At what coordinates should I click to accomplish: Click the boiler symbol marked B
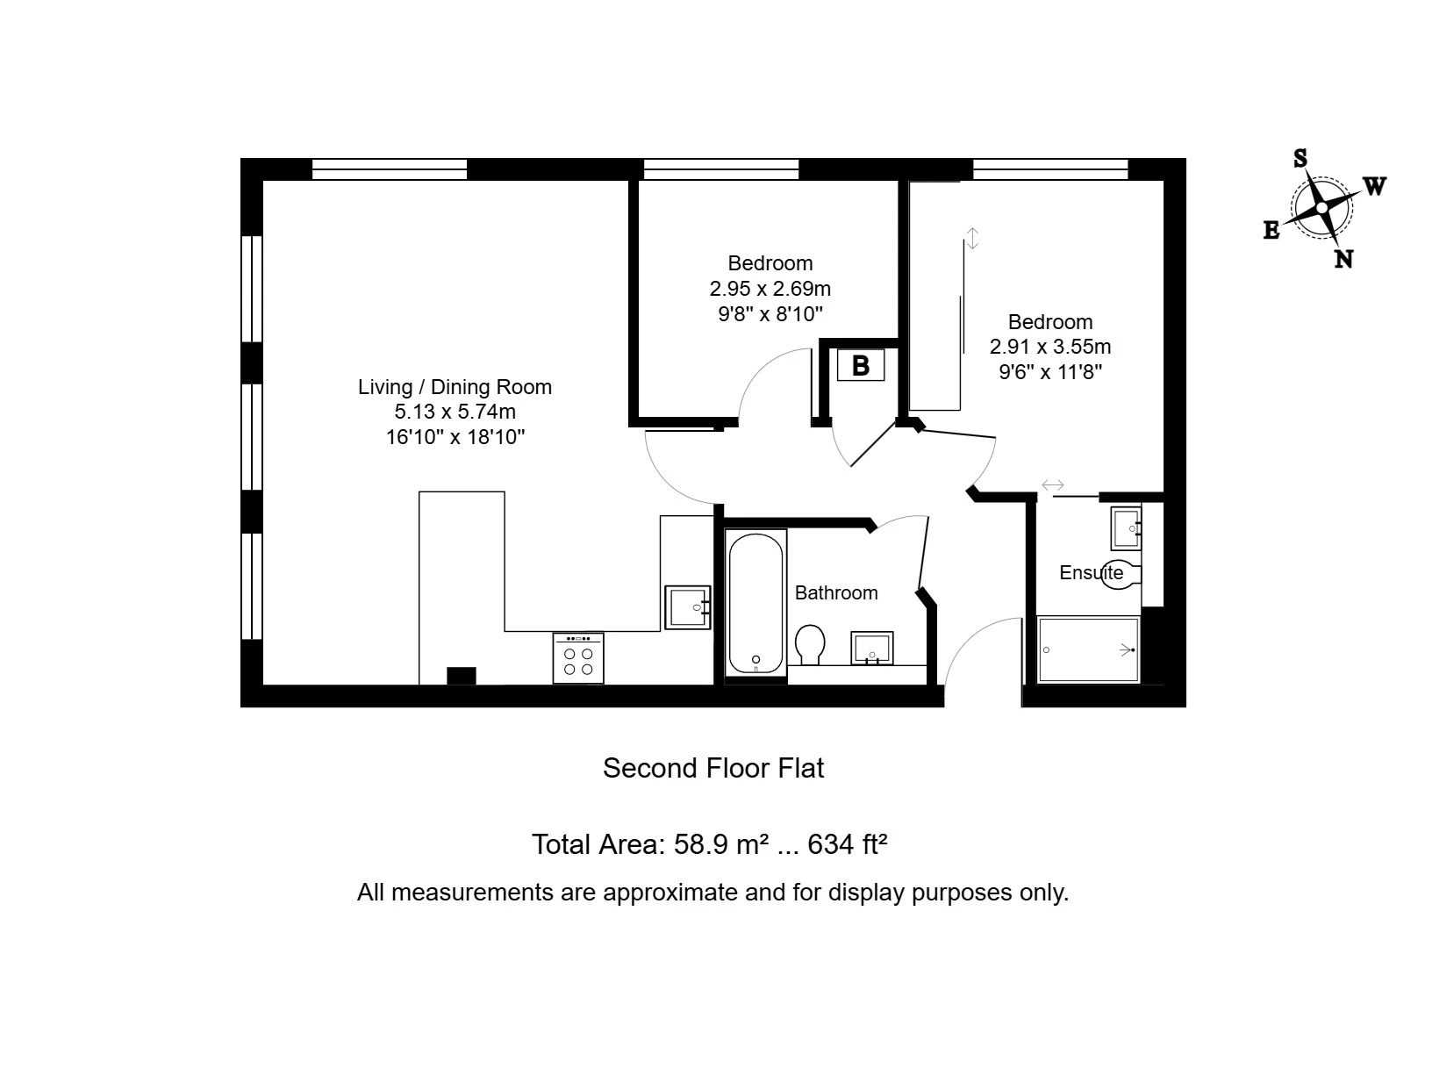pyautogui.click(x=860, y=365)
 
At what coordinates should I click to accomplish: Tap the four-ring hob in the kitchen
pyautogui.click(x=578, y=658)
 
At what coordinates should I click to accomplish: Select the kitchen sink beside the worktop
pyautogui.click(x=687, y=607)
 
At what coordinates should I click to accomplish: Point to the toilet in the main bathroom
pyautogui.click(x=810, y=644)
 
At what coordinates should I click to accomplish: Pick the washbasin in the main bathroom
pyautogui.click(x=872, y=649)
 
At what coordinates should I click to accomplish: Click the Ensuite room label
pyautogui.click(x=1091, y=573)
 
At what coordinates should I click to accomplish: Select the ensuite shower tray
pyautogui.click(x=1088, y=650)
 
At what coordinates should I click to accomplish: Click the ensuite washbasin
pyautogui.click(x=1126, y=528)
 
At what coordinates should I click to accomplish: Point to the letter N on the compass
pyautogui.click(x=1343, y=259)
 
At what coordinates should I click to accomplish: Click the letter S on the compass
pyautogui.click(x=1300, y=158)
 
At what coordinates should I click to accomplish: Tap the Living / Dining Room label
pyautogui.click(x=455, y=387)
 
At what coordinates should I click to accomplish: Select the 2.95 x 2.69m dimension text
pyautogui.click(x=770, y=288)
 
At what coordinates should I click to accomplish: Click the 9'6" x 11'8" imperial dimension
pyautogui.click(x=1050, y=371)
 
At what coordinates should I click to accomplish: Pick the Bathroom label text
pyautogui.click(x=836, y=593)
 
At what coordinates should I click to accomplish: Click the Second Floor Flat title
pyautogui.click(x=713, y=769)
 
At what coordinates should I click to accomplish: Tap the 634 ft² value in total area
pyautogui.click(x=847, y=844)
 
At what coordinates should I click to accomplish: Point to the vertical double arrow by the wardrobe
pyautogui.click(x=972, y=238)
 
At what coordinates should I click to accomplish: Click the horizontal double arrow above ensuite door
pyautogui.click(x=1052, y=485)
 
